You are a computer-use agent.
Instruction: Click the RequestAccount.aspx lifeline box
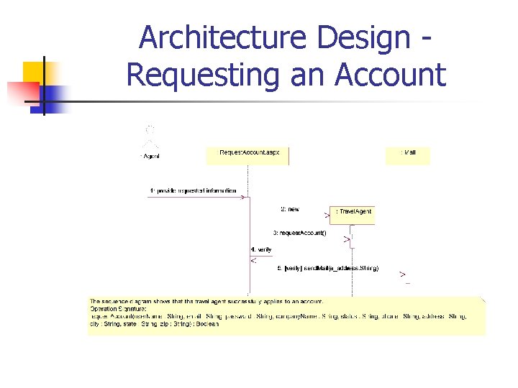(247, 154)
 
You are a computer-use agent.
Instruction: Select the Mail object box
(407, 154)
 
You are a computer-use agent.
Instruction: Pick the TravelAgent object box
(353, 213)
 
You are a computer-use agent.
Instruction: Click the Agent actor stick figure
(150, 137)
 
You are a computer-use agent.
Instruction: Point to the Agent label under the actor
(150, 156)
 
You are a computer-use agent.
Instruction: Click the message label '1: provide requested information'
(192, 190)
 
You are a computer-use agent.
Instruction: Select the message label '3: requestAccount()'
(299, 232)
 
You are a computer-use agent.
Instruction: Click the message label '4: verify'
(261, 249)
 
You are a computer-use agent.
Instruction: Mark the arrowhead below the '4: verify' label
(253, 260)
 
